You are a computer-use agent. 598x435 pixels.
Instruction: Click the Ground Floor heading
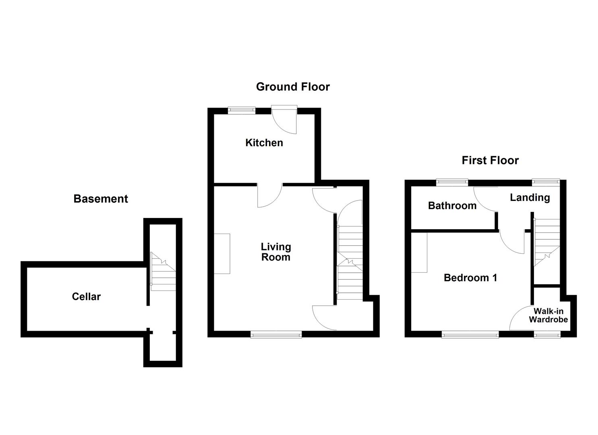(x=293, y=87)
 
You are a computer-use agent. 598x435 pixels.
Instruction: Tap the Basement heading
(x=101, y=199)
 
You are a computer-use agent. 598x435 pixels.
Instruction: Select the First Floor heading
(x=490, y=160)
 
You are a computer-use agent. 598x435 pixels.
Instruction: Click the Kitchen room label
(x=264, y=143)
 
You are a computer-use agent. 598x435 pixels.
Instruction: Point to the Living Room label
(x=275, y=252)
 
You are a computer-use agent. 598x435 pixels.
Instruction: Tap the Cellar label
(x=86, y=296)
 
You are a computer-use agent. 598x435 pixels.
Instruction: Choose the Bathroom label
(x=452, y=205)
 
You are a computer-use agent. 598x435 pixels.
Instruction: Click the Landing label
(x=530, y=197)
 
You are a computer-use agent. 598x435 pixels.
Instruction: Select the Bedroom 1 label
(x=470, y=278)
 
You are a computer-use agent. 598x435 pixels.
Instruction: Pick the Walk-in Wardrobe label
(x=548, y=315)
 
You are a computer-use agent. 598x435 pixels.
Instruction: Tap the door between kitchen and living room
(x=269, y=195)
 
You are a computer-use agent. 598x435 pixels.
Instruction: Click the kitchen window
(x=242, y=109)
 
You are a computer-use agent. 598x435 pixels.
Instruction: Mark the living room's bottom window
(x=276, y=334)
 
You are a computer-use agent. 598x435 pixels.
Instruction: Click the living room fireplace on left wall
(x=222, y=254)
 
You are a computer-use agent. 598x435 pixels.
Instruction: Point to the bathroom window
(x=452, y=182)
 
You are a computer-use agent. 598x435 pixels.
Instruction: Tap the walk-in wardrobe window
(x=546, y=334)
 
